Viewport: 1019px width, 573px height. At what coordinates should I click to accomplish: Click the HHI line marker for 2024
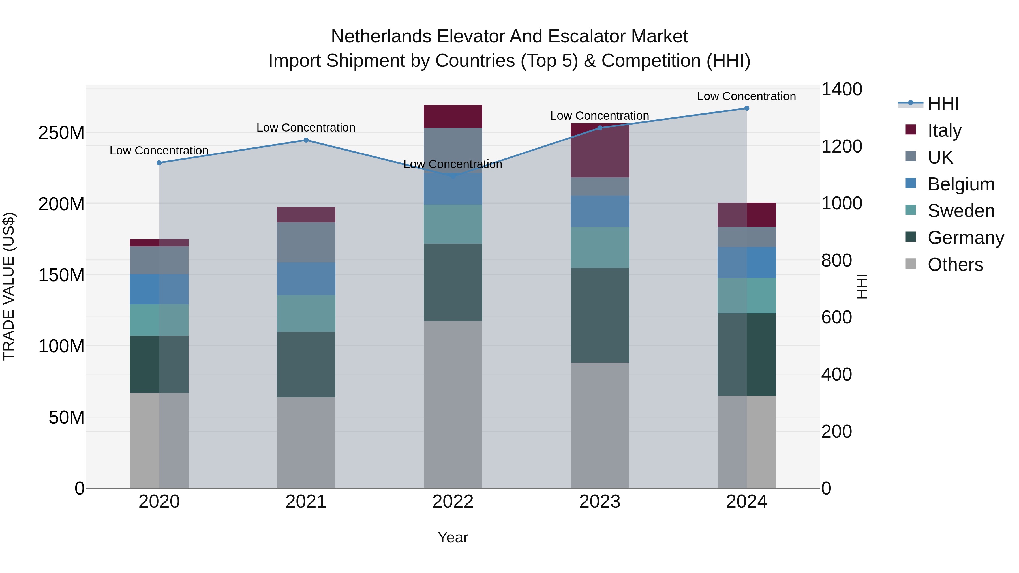[x=746, y=108]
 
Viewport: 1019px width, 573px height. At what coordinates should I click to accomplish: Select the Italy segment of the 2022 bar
[x=453, y=116]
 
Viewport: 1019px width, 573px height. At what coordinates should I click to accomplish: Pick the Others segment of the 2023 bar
[x=600, y=425]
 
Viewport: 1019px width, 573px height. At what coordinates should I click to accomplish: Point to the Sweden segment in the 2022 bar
[x=453, y=224]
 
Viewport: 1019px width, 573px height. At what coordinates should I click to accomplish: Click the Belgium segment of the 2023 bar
[x=600, y=211]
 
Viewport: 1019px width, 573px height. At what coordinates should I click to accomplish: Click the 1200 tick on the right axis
[x=842, y=146]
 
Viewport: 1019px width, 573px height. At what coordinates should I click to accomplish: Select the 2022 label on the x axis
[x=453, y=502]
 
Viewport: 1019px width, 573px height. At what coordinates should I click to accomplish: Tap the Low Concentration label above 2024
[x=746, y=96]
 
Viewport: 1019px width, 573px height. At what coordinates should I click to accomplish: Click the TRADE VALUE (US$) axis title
[x=9, y=286]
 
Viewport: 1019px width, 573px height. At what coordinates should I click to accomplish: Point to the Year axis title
[x=453, y=537]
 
